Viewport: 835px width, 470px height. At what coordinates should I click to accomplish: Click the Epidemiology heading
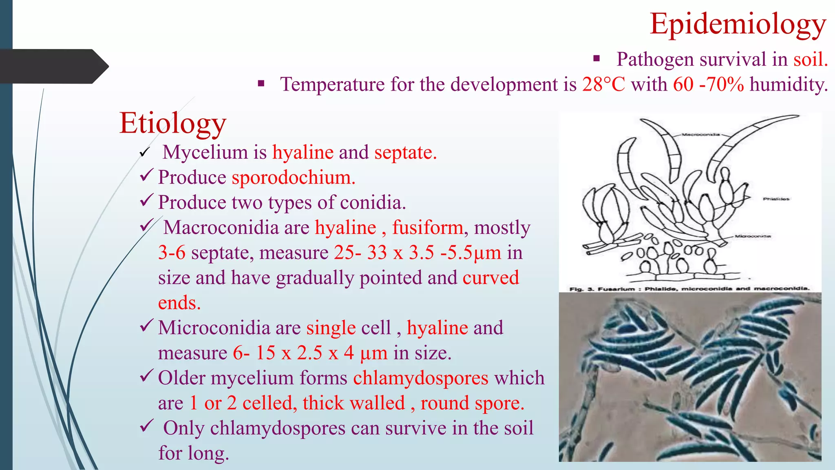pyautogui.click(x=738, y=24)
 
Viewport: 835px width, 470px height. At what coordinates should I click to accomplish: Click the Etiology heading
pyautogui.click(x=172, y=123)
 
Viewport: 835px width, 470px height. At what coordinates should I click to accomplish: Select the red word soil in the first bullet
pyautogui.click(x=810, y=60)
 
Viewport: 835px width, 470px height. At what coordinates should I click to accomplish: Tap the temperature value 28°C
pyautogui.click(x=603, y=84)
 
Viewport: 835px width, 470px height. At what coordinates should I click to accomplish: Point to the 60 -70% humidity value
pyautogui.click(x=708, y=84)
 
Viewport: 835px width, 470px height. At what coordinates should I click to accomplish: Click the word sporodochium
pyautogui.click(x=293, y=177)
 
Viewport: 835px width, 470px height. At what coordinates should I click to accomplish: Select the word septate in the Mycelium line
pyautogui.click(x=405, y=153)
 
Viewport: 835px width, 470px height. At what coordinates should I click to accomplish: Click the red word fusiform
pyautogui.click(x=427, y=228)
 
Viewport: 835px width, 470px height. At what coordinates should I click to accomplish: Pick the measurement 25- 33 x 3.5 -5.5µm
pyautogui.click(x=417, y=253)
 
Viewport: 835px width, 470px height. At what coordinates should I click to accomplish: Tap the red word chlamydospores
pyautogui.click(x=420, y=378)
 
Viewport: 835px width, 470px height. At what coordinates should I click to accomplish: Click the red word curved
pyautogui.click(x=490, y=278)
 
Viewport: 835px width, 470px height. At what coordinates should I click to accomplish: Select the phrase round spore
pyautogui.click(x=472, y=403)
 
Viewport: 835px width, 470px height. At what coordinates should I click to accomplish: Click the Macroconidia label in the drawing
pyautogui.click(x=700, y=134)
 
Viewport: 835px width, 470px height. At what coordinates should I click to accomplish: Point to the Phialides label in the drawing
pyautogui.click(x=776, y=199)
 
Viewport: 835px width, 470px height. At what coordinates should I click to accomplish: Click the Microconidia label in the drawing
pyautogui.click(x=753, y=236)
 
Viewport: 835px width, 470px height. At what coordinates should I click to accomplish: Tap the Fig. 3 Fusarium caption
pyautogui.click(x=689, y=288)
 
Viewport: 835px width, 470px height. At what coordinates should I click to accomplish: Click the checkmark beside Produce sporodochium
pyautogui.click(x=146, y=176)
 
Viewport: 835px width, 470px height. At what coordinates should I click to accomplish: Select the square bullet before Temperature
pyautogui.click(x=261, y=84)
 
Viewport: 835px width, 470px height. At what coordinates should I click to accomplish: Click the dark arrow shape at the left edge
pyautogui.click(x=53, y=67)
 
